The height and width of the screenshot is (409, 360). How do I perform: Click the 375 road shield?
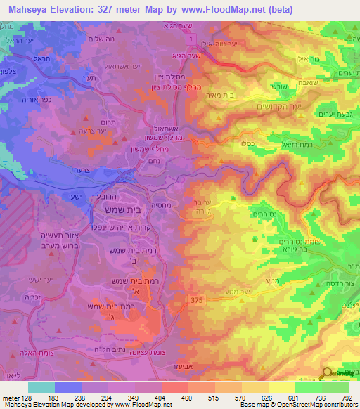click(x=198, y=301)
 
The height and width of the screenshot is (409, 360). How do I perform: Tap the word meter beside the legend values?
click(x=10, y=398)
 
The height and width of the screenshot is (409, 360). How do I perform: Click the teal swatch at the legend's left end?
click(x=41, y=387)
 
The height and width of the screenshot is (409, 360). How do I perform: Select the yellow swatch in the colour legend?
click(x=282, y=387)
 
